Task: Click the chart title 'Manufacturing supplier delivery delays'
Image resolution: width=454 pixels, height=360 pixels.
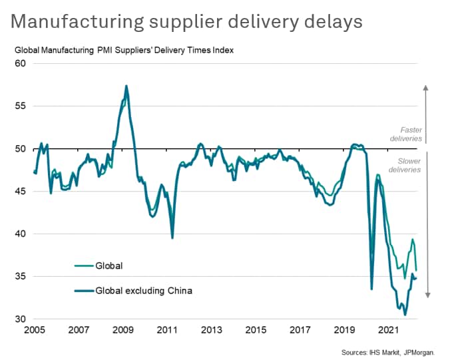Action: [187, 21]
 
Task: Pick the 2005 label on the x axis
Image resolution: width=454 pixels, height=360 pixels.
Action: [35, 330]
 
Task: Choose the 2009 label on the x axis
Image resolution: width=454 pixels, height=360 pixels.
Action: [123, 330]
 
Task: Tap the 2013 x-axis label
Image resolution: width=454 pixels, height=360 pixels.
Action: [212, 330]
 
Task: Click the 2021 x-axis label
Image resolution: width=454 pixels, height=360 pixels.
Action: [389, 330]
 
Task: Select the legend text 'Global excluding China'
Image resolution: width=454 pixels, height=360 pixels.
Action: [144, 290]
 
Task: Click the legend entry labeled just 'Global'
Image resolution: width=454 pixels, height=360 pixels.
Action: [110, 266]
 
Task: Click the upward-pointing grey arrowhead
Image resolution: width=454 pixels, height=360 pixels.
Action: [426, 87]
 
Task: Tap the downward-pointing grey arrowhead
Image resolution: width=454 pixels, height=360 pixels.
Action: [426, 295]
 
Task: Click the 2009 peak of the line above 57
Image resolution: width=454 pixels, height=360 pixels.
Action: [126, 86]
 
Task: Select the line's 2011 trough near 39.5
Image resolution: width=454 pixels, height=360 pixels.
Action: [172, 238]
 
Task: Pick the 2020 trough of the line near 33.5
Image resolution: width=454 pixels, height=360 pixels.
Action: [372, 289]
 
